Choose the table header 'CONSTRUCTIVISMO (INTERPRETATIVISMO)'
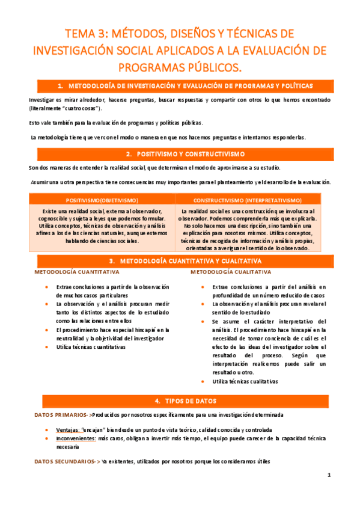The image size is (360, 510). coord(248,200)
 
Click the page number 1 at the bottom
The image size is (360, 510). coord(329,475)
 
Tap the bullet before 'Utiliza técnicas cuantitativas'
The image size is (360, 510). coord(46,348)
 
